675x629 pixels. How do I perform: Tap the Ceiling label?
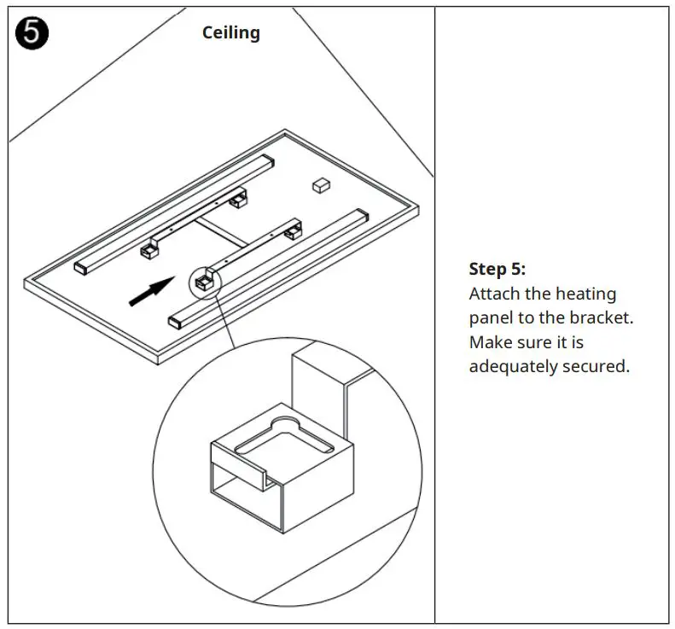(x=230, y=32)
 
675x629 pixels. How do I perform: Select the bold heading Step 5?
(x=498, y=269)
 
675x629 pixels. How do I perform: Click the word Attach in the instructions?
(x=492, y=294)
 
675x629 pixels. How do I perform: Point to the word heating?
(x=585, y=294)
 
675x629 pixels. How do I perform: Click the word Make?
(x=489, y=342)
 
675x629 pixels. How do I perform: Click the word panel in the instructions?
(x=490, y=318)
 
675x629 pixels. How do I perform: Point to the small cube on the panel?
(x=320, y=184)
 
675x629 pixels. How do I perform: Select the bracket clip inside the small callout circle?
(x=203, y=280)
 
